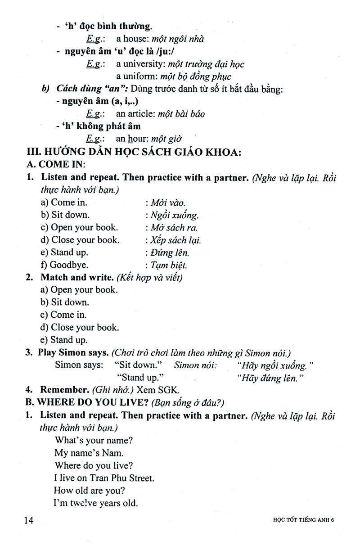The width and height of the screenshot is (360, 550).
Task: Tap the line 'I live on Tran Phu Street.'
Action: tap(104, 478)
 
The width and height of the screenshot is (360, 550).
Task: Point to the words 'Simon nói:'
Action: tap(195, 365)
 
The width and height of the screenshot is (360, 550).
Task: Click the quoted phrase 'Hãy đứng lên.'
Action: tap(270, 378)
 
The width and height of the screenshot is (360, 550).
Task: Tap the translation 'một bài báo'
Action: tap(178, 114)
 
